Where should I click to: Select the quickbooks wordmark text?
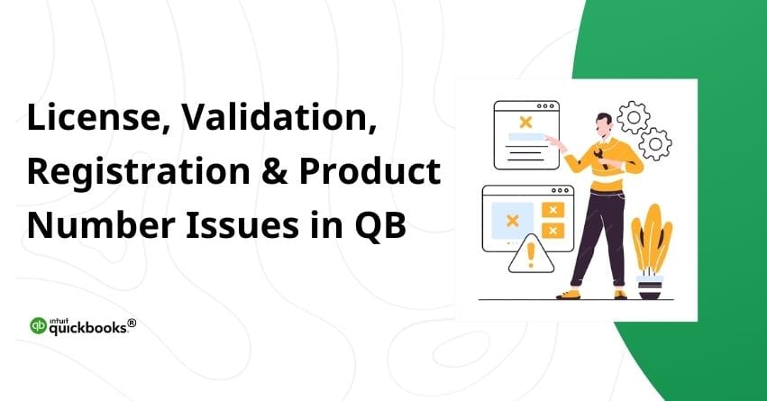90,329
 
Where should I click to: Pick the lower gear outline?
656,143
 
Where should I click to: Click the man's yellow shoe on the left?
568,293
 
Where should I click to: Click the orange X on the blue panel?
513,220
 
